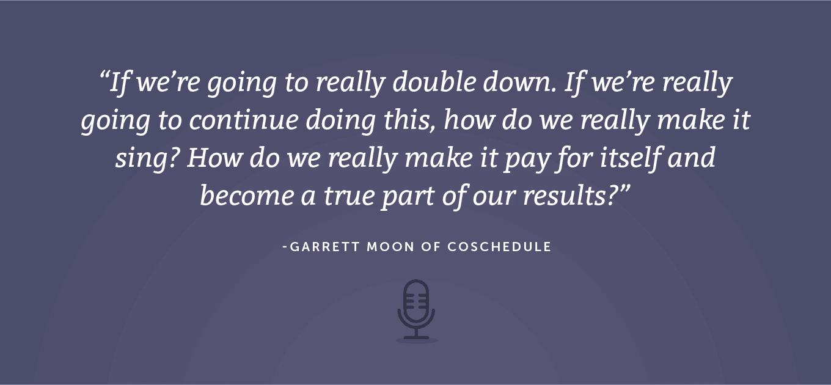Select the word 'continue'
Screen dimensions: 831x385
pyautogui.click(x=244, y=120)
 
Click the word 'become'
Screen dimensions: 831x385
pyautogui.click(x=247, y=196)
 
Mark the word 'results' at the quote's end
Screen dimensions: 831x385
pyautogui.click(x=565, y=196)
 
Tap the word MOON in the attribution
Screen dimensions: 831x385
pyautogui.click(x=390, y=247)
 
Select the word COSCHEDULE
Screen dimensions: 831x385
pyautogui.click(x=499, y=247)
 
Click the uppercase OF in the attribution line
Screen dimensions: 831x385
pyautogui.click(x=431, y=247)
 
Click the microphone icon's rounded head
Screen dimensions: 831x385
pyautogui.click(x=416, y=301)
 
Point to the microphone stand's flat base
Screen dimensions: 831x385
pyautogui.click(x=416, y=337)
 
